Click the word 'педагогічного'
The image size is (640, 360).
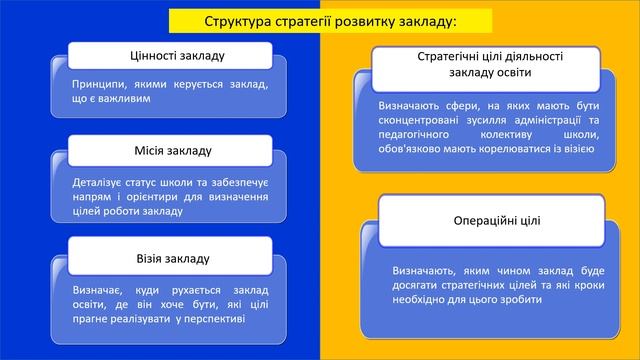(x=422, y=134)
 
